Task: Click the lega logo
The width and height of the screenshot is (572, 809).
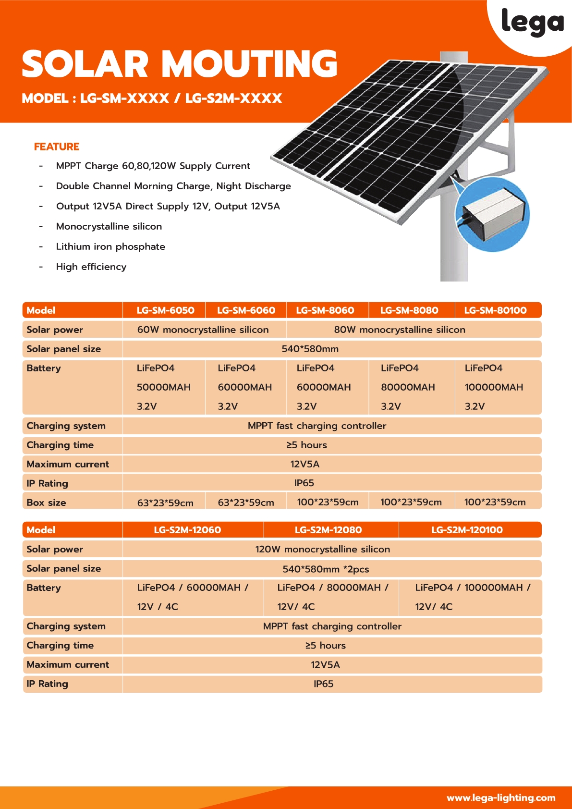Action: [532, 22]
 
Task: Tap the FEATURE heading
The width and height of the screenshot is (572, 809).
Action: [57, 147]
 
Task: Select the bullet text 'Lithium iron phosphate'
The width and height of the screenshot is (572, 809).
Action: [110, 246]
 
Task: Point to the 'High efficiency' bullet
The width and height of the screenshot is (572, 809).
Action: [91, 267]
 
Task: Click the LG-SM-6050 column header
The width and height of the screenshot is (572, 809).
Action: [165, 310]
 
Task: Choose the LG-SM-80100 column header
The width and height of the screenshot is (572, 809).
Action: [495, 310]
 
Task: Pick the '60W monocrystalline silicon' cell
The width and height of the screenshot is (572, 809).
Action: [203, 330]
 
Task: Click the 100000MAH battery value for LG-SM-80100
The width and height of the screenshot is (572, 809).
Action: [494, 387]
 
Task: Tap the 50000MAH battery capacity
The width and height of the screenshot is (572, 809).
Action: [163, 387]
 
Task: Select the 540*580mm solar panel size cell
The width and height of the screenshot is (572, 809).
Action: [310, 349]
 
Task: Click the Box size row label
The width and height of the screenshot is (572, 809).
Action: [46, 503]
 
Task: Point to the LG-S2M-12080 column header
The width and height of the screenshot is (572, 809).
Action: [328, 530]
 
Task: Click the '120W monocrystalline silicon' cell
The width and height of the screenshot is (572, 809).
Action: [322, 549]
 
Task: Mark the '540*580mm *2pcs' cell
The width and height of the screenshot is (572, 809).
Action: [326, 569]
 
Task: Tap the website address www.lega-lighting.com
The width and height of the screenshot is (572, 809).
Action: [501, 797]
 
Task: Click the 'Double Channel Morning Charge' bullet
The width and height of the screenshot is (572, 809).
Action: [173, 186]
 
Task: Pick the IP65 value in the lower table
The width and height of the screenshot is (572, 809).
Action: [323, 684]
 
